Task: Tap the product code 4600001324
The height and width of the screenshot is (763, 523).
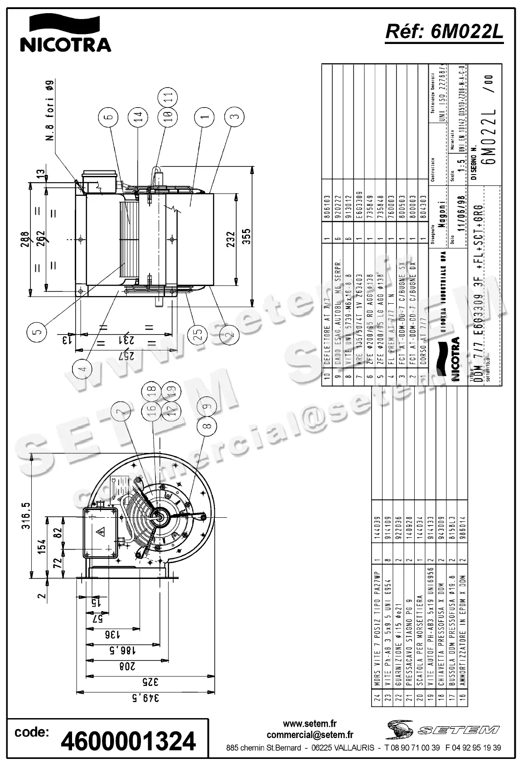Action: coord(128,741)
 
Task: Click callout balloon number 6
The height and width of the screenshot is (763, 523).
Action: coord(107,117)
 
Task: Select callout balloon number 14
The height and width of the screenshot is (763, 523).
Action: coord(137,117)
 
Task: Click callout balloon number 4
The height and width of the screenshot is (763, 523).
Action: coord(82,368)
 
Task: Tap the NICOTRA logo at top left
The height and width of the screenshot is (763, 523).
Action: coord(65,34)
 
